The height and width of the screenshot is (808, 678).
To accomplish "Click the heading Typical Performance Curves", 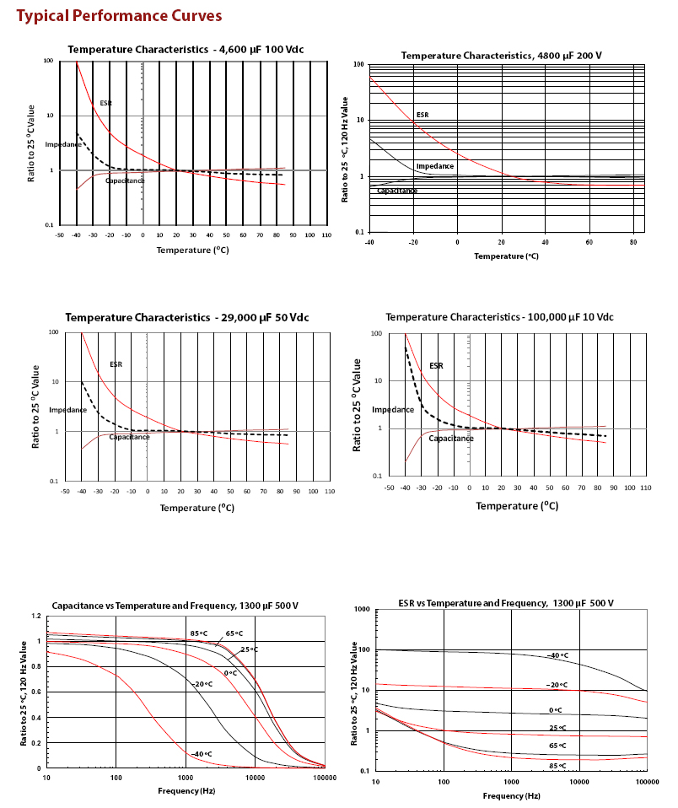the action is [x=119, y=16].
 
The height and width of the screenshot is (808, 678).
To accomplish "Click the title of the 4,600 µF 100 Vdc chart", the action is [x=186, y=50].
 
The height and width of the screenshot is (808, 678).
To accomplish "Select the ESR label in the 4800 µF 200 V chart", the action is [x=422, y=115].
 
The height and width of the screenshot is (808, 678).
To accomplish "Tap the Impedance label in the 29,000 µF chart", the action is [x=68, y=410].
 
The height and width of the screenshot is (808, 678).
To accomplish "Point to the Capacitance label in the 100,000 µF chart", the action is [x=451, y=439].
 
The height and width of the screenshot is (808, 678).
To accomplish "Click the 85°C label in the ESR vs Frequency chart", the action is [x=557, y=766].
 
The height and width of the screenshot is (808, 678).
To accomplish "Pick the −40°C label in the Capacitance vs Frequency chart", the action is [x=202, y=754].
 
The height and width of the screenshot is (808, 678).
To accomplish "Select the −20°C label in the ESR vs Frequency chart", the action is [x=557, y=685].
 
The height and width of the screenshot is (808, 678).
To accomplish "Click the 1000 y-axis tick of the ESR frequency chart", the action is [x=362, y=609].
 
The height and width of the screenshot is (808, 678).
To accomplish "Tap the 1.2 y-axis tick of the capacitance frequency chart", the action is [x=36, y=616].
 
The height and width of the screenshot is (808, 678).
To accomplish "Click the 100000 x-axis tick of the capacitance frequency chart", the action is [x=326, y=778].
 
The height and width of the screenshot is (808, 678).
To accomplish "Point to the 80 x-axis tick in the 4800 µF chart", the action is [x=633, y=242].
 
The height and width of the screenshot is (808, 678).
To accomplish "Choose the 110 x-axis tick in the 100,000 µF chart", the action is [x=646, y=487].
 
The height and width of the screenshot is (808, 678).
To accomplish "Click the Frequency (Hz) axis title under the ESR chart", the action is [x=512, y=795].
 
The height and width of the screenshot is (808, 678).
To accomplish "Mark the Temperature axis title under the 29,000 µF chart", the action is [x=196, y=508].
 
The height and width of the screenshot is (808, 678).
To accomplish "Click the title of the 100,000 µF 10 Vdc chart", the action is [x=500, y=317].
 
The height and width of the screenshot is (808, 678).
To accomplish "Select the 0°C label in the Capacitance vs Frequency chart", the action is [x=230, y=673].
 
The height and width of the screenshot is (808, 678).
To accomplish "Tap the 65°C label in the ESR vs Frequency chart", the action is [x=557, y=746].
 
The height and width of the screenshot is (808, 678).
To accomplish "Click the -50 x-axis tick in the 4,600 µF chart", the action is [x=59, y=235].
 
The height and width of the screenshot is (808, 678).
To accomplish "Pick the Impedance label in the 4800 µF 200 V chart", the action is [x=435, y=166].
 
